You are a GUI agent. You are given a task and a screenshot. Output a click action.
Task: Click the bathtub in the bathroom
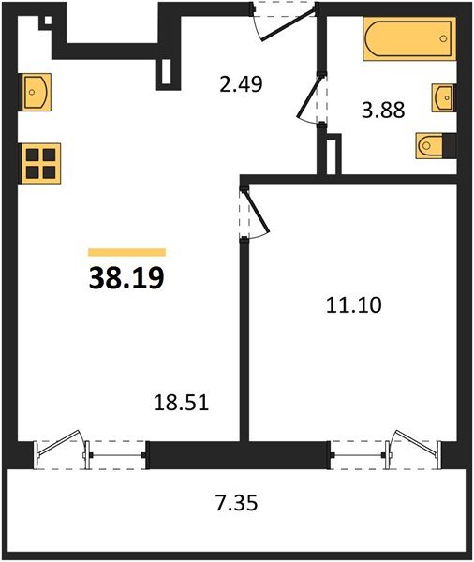[x=409, y=38]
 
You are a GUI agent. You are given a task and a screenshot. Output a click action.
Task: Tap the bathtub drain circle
[x=443, y=38]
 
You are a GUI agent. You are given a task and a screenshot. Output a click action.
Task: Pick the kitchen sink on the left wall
[x=35, y=92]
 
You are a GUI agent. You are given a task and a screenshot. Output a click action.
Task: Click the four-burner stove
[x=40, y=163]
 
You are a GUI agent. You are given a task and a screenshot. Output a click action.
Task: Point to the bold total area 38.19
[x=126, y=278]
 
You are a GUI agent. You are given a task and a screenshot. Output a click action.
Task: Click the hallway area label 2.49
[x=241, y=84]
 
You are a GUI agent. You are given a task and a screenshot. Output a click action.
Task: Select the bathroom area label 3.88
[x=383, y=110]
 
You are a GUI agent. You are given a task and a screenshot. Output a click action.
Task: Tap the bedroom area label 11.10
[x=354, y=305]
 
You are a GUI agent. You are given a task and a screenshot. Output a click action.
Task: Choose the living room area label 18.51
[x=181, y=402]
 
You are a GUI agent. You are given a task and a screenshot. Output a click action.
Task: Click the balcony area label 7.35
[x=237, y=502]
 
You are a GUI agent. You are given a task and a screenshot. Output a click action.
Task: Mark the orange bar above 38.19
[x=126, y=252]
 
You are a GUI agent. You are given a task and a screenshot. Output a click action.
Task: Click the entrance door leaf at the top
[x=289, y=23]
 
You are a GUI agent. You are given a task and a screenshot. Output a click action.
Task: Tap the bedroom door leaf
[x=256, y=212]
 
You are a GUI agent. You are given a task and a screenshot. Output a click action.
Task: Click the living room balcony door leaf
[x=59, y=443]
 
